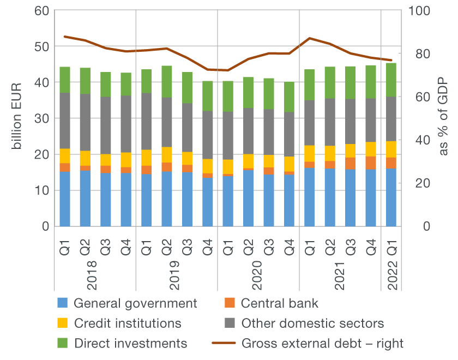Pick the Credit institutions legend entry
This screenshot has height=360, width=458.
pyautogui.click(x=127, y=323)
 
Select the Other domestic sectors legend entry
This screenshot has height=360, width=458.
pyautogui.click(x=312, y=323)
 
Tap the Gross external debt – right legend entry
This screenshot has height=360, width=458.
pyautogui.click(x=322, y=343)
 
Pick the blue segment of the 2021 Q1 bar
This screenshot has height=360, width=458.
pyautogui.click(x=310, y=197)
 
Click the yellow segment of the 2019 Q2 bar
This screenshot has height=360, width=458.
pyautogui.click(x=167, y=155)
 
